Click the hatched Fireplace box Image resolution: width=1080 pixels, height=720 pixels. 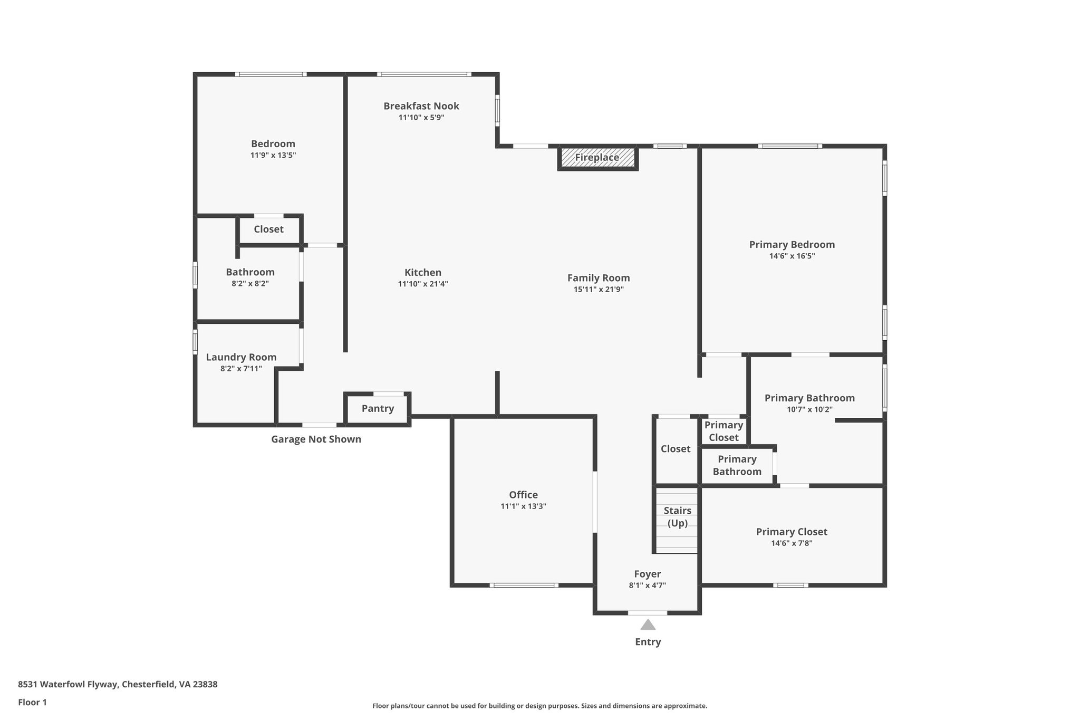(597, 158)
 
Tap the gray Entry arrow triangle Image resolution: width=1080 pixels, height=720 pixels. (648, 625)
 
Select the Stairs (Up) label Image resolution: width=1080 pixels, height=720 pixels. (677, 517)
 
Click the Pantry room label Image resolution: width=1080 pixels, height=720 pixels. (378, 408)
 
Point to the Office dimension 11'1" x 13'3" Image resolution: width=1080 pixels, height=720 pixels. (523, 506)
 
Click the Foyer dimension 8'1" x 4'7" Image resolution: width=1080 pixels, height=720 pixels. (647, 585)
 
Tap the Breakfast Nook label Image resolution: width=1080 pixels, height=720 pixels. (421, 106)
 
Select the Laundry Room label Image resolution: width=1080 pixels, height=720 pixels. (241, 357)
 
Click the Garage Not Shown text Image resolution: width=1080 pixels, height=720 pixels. (316, 439)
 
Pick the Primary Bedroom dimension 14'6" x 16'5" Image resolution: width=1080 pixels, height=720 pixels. (792, 256)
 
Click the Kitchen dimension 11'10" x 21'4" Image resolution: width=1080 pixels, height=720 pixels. (422, 284)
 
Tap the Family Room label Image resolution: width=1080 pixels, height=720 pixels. (599, 278)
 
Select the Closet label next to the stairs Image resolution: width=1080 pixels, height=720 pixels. (676, 449)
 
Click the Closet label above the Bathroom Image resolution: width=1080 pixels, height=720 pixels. (268, 229)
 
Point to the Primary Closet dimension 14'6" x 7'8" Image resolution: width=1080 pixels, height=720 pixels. (791, 543)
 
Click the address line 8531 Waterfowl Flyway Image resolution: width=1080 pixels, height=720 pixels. (118, 685)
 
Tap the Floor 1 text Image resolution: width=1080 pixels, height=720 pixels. (32, 703)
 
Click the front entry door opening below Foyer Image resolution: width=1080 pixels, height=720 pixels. (647, 613)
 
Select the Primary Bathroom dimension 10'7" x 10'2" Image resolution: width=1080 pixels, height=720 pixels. (809, 410)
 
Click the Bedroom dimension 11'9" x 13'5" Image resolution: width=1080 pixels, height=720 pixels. (273, 156)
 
